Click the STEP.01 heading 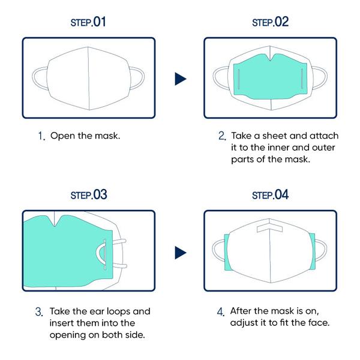pyautogui.click(x=88, y=23)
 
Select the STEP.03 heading pyautogui.click(x=88, y=195)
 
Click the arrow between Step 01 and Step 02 pyautogui.click(x=180, y=79)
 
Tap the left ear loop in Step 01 pyautogui.click(x=39, y=79)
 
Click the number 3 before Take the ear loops pyautogui.click(x=38, y=312)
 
